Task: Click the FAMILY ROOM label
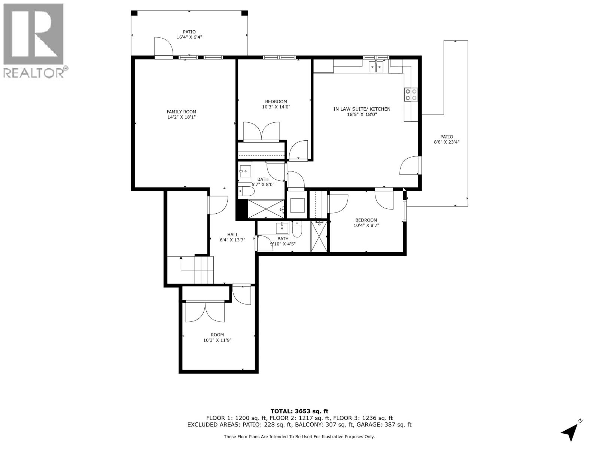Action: coord(181,112)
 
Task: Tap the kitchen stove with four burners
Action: coord(411,94)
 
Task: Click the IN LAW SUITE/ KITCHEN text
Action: coord(362,109)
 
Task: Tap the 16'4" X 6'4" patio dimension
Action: coord(189,37)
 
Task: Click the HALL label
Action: coord(232,235)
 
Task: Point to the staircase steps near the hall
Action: coord(204,270)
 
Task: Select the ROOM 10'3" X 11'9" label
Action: coord(217,337)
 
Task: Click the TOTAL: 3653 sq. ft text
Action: coord(299,411)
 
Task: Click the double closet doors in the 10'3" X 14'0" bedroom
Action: coord(261,132)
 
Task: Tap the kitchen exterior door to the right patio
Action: coord(410,166)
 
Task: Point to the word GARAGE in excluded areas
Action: coord(380,425)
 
